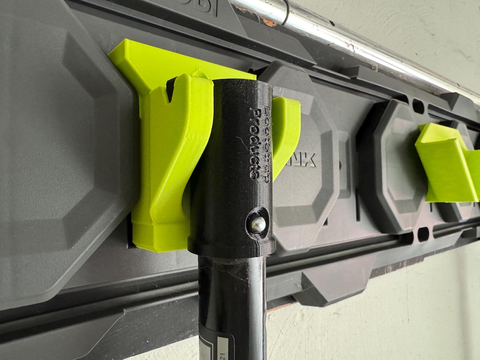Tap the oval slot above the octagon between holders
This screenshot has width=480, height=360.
[x=418, y=106]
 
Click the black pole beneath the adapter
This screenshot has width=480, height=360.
[x=231, y=307]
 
